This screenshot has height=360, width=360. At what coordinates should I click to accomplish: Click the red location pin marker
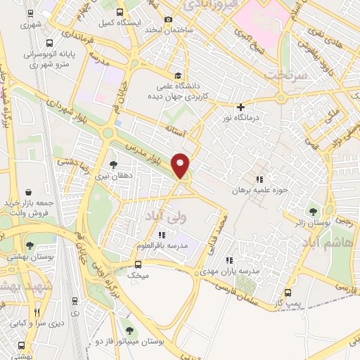point(181,165)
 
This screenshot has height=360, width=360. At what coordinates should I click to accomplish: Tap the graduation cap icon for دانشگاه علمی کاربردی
point(179,75)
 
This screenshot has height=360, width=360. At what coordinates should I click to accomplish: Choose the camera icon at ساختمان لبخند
point(167,20)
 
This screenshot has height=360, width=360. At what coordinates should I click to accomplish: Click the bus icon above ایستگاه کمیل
point(120,12)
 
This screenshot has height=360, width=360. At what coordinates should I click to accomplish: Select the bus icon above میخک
point(138,264)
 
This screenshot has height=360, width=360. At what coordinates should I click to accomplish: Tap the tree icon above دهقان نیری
point(113,165)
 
